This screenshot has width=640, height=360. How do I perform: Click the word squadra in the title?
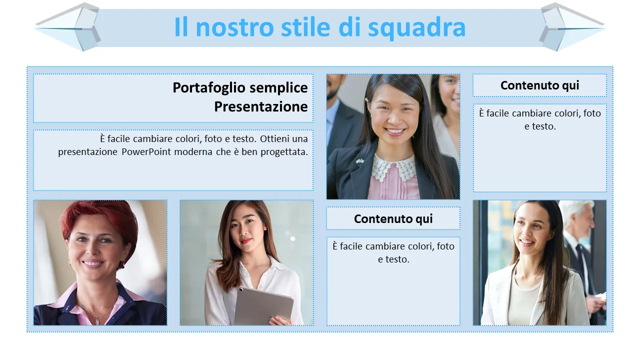tap(416, 27)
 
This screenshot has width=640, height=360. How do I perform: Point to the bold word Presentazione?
tap(261, 106)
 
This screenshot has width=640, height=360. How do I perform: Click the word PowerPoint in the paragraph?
tap(146, 151)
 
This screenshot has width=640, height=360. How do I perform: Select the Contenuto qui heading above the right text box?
tap(539, 85)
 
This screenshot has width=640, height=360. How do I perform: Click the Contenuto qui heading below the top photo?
tap(393, 219)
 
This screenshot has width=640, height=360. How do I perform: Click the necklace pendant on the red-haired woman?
tap(97, 321)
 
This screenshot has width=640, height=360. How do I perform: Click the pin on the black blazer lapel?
tap(360, 161)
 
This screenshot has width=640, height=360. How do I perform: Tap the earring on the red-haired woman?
tap(122, 264)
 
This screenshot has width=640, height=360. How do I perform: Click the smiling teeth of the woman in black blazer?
tap(394, 131)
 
